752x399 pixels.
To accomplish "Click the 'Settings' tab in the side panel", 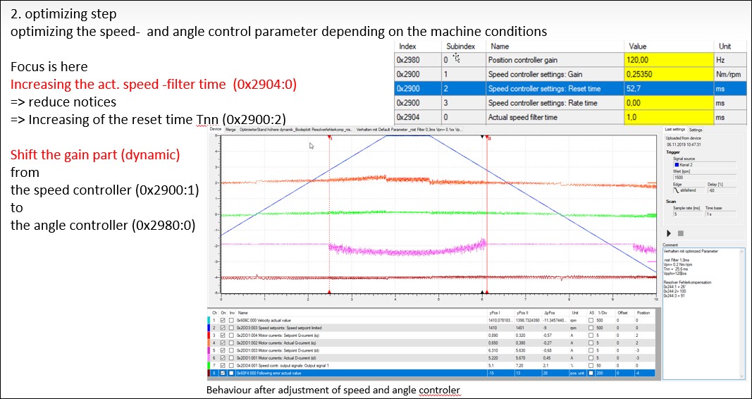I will pyautogui.click(x=696, y=130).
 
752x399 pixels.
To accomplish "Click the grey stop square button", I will pyautogui.click(x=680, y=233).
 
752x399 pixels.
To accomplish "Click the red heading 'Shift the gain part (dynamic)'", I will pyautogui.click(x=95, y=154).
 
